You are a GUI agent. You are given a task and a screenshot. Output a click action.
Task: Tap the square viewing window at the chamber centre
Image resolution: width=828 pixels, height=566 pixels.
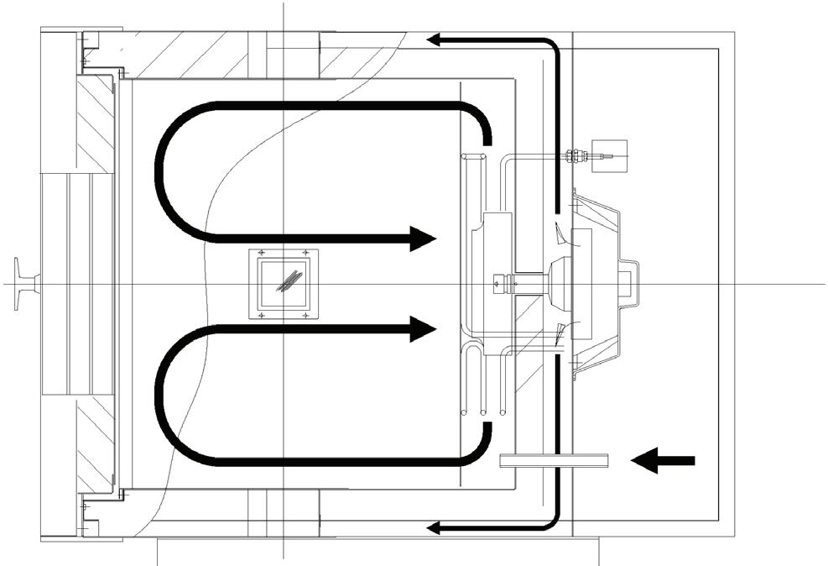(285, 284)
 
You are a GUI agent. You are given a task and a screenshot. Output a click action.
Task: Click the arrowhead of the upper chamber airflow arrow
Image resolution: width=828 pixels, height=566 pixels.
(424, 238)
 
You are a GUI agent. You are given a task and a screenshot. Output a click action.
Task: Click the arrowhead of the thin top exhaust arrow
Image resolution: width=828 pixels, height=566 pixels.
(435, 39)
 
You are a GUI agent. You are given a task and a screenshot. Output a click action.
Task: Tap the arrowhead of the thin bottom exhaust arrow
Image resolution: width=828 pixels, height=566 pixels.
(435, 528)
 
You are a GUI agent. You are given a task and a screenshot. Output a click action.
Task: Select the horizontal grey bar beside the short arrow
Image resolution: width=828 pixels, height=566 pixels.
(553, 460)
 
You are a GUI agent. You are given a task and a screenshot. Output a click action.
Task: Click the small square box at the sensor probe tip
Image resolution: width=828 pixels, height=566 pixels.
(607, 155)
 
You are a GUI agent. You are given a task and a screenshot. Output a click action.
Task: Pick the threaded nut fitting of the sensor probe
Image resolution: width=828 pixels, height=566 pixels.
(575, 155)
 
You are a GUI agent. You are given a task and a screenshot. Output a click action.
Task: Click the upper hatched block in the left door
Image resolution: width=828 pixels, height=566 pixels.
(95, 123)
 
